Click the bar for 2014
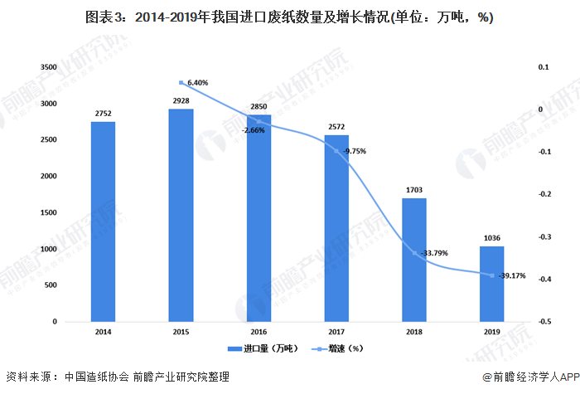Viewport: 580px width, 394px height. (x=103, y=221)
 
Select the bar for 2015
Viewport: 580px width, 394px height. (x=181, y=215)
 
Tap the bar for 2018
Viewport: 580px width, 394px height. (x=414, y=260)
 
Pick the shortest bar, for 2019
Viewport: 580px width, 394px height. (x=491, y=284)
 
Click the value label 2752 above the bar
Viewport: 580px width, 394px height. (x=103, y=113)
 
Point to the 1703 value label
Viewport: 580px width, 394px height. (x=414, y=189)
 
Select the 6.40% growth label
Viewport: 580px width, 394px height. (x=198, y=83)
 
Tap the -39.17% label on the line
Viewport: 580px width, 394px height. (x=514, y=276)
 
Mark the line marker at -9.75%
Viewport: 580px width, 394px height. (x=336, y=151)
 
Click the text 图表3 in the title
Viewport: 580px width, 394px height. (x=108, y=18)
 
